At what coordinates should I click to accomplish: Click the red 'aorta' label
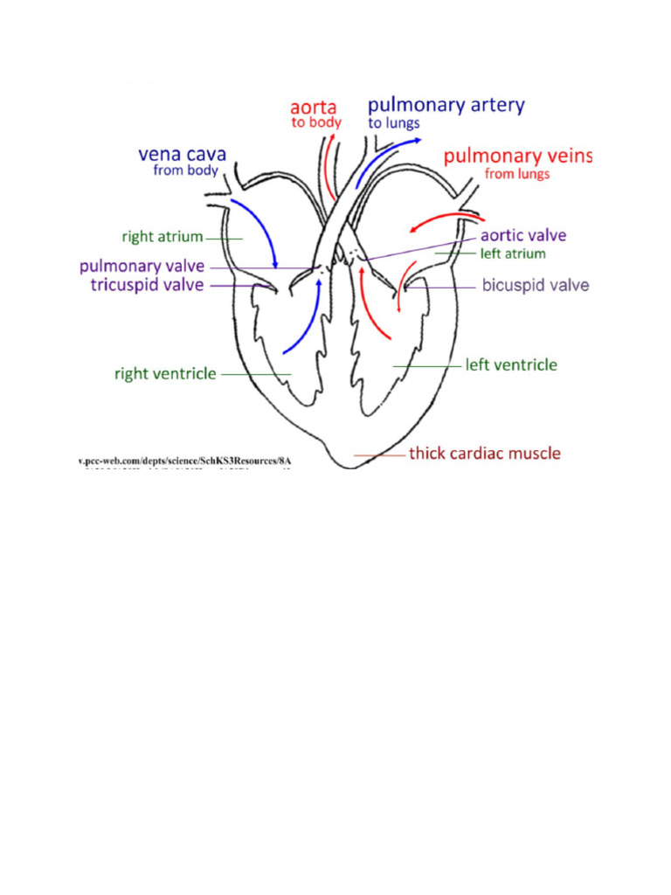[315, 108]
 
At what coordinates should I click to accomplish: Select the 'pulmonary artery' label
[446, 106]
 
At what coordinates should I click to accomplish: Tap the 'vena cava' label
[183, 154]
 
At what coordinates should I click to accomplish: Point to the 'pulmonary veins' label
[518, 156]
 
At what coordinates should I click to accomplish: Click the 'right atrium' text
[163, 236]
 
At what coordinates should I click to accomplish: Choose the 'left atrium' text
[513, 253]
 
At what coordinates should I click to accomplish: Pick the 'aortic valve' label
[523, 235]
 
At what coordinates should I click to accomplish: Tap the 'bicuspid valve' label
[536, 285]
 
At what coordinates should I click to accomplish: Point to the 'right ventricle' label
[165, 373]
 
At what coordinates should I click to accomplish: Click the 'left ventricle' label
[510, 364]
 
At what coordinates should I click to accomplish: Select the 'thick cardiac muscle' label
[485, 454]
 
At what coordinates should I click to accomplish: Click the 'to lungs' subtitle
[393, 124]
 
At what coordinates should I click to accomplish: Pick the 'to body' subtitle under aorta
[315, 124]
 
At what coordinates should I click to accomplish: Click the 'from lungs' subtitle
[517, 174]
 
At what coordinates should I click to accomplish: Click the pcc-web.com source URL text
[183, 459]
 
